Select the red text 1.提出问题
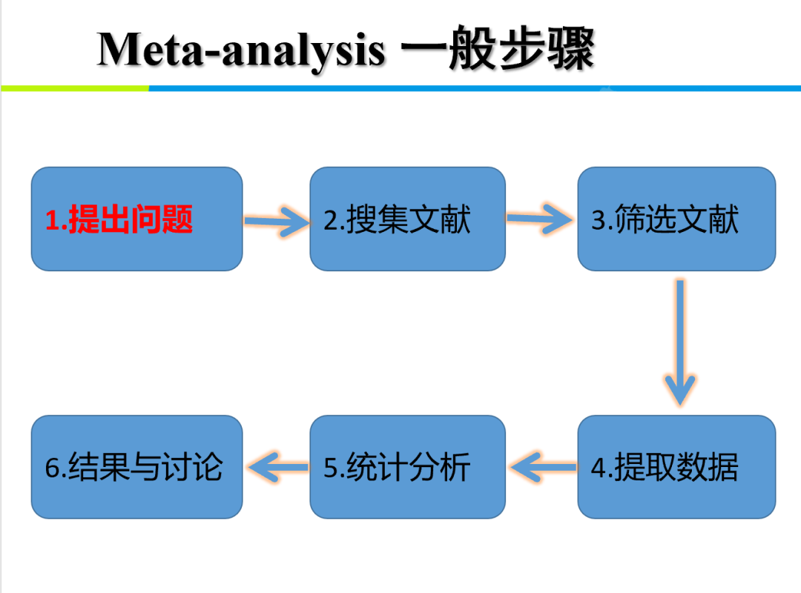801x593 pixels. pyautogui.click(x=119, y=219)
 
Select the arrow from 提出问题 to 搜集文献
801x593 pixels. pyautogui.click(x=276, y=220)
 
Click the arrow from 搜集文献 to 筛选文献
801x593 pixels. pyautogui.click(x=541, y=218)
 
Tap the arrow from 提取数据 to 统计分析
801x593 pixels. pyautogui.click(x=542, y=467)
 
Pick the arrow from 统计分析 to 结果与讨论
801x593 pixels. pyautogui.click(x=277, y=467)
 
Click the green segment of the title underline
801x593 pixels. pyautogui.click(x=74, y=88)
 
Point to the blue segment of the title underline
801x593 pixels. pyautogui.click(x=475, y=88)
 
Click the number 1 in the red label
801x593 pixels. pyautogui.click(x=52, y=220)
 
